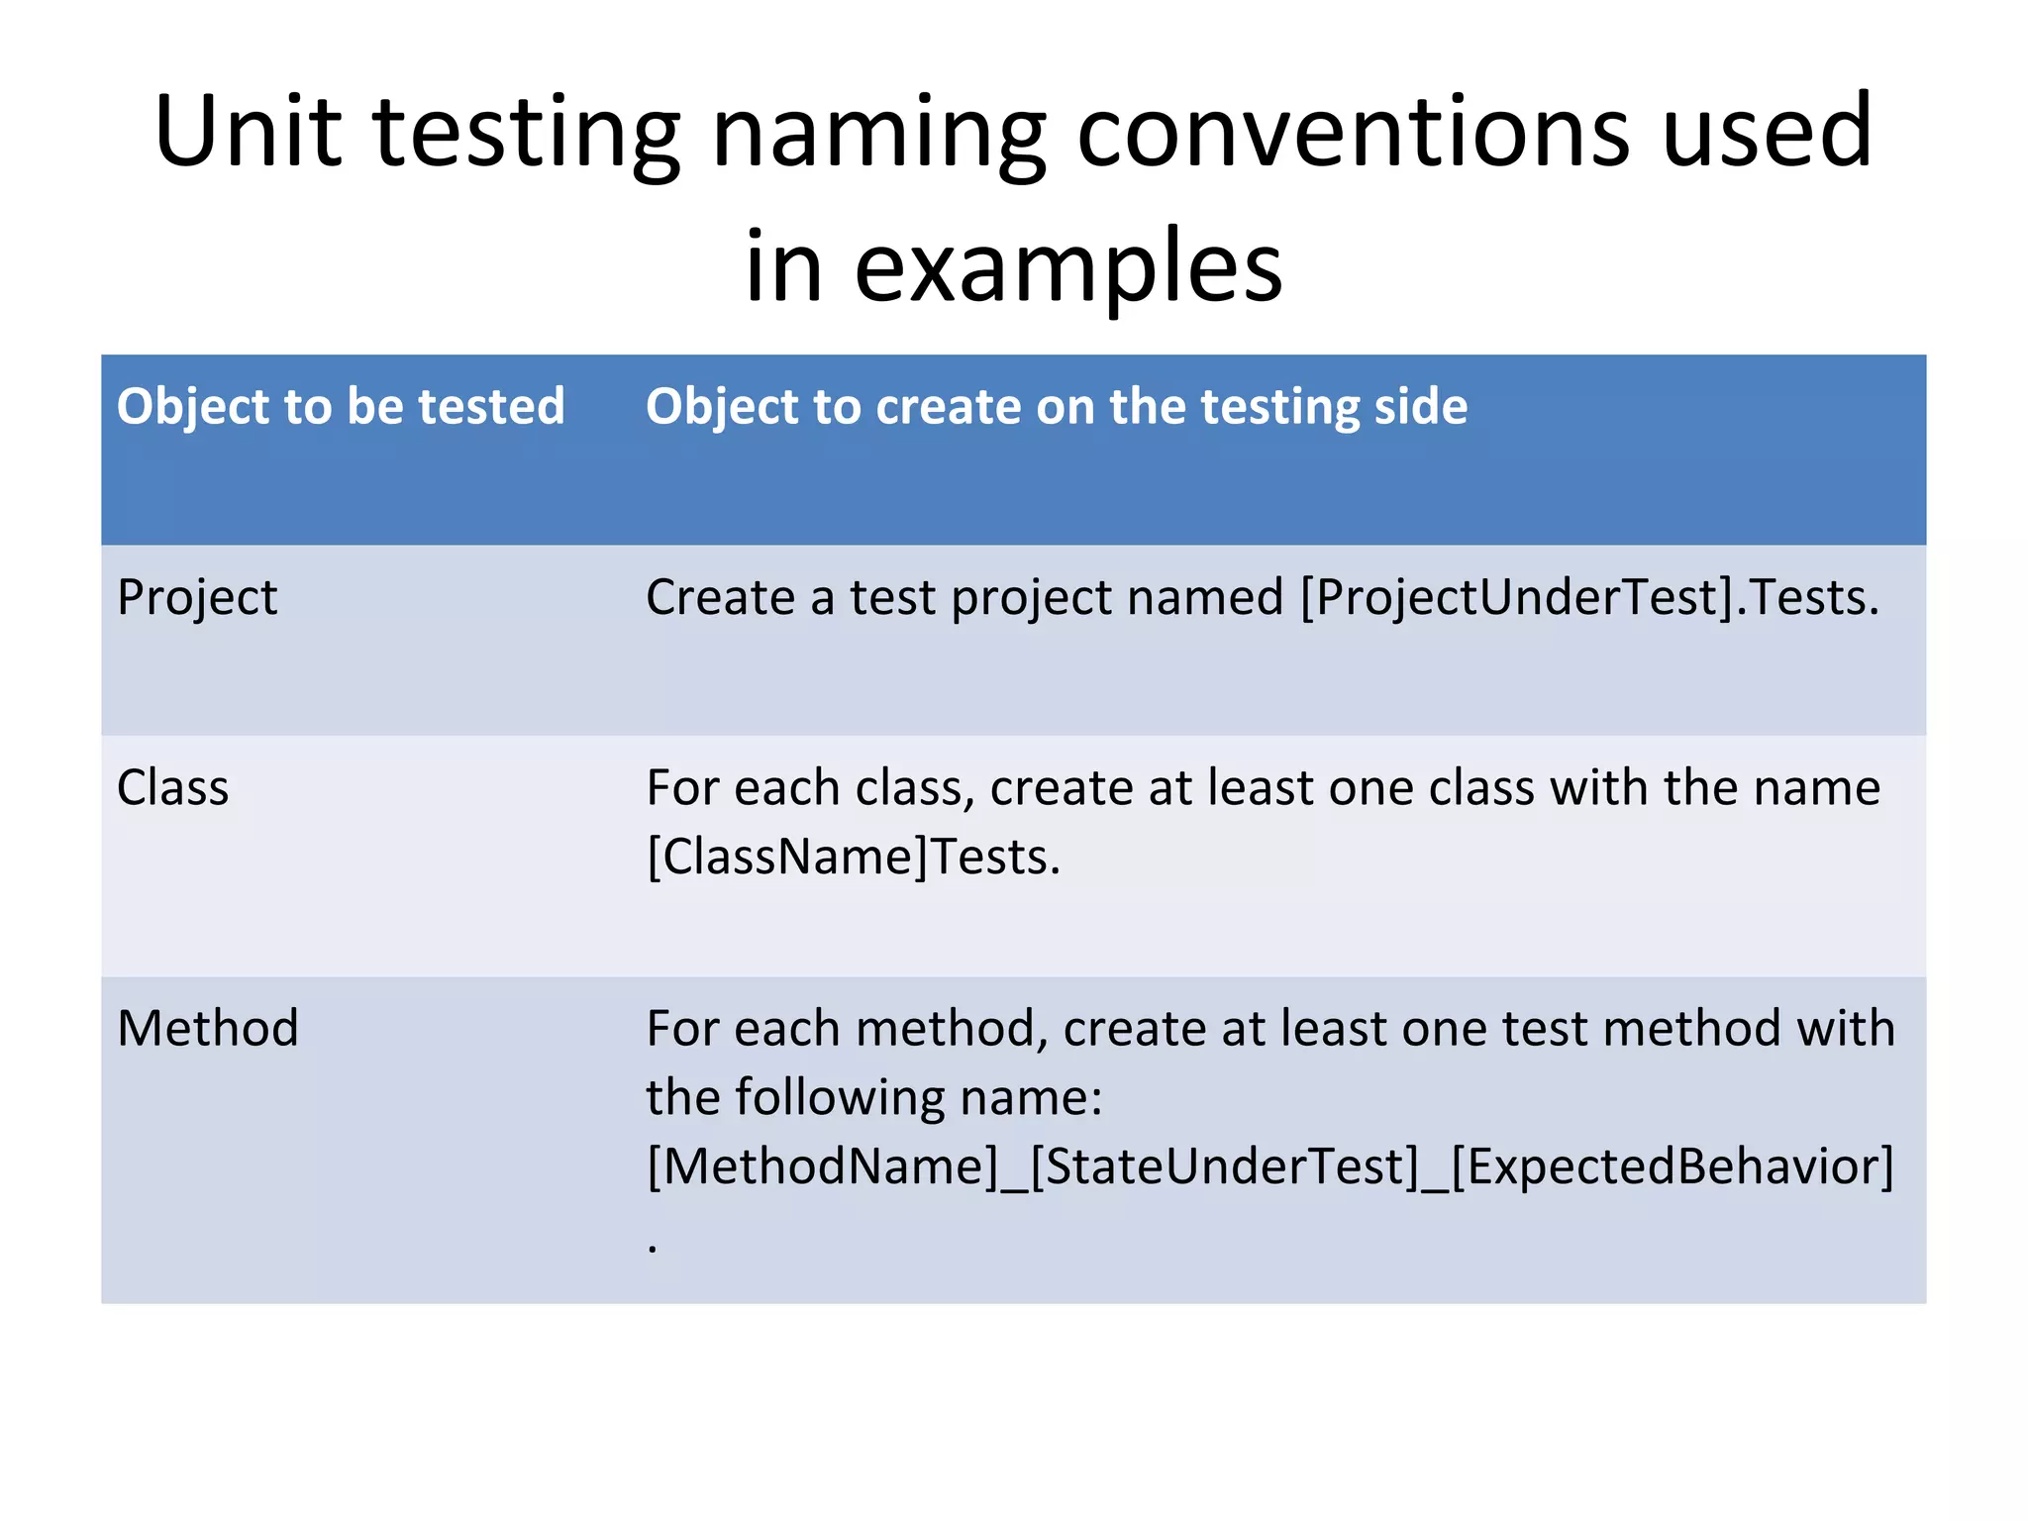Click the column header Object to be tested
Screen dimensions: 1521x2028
point(341,407)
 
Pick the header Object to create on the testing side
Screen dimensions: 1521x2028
point(1056,407)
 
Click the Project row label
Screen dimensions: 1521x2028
point(197,598)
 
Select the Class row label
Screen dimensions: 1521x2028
point(173,788)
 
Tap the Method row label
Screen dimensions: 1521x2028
point(208,1028)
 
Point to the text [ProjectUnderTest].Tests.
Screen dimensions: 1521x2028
point(1588,598)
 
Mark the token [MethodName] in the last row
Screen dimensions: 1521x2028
point(823,1166)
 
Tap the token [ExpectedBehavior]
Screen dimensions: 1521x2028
point(1672,1166)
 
